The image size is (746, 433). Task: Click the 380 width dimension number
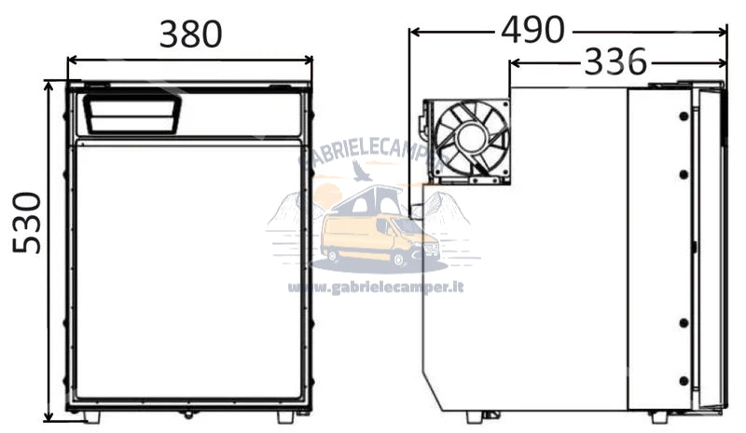click(190, 34)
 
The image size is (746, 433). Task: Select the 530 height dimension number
click(28, 223)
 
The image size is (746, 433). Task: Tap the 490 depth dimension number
click(532, 30)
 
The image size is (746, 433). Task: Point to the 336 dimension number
click(615, 62)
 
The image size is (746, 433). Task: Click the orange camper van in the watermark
click(378, 239)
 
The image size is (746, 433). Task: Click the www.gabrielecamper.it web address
click(375, 288)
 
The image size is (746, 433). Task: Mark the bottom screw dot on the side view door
click(684, 380)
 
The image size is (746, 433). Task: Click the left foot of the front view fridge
click(91, 416)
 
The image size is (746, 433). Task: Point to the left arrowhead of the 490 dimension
click(414, 31)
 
